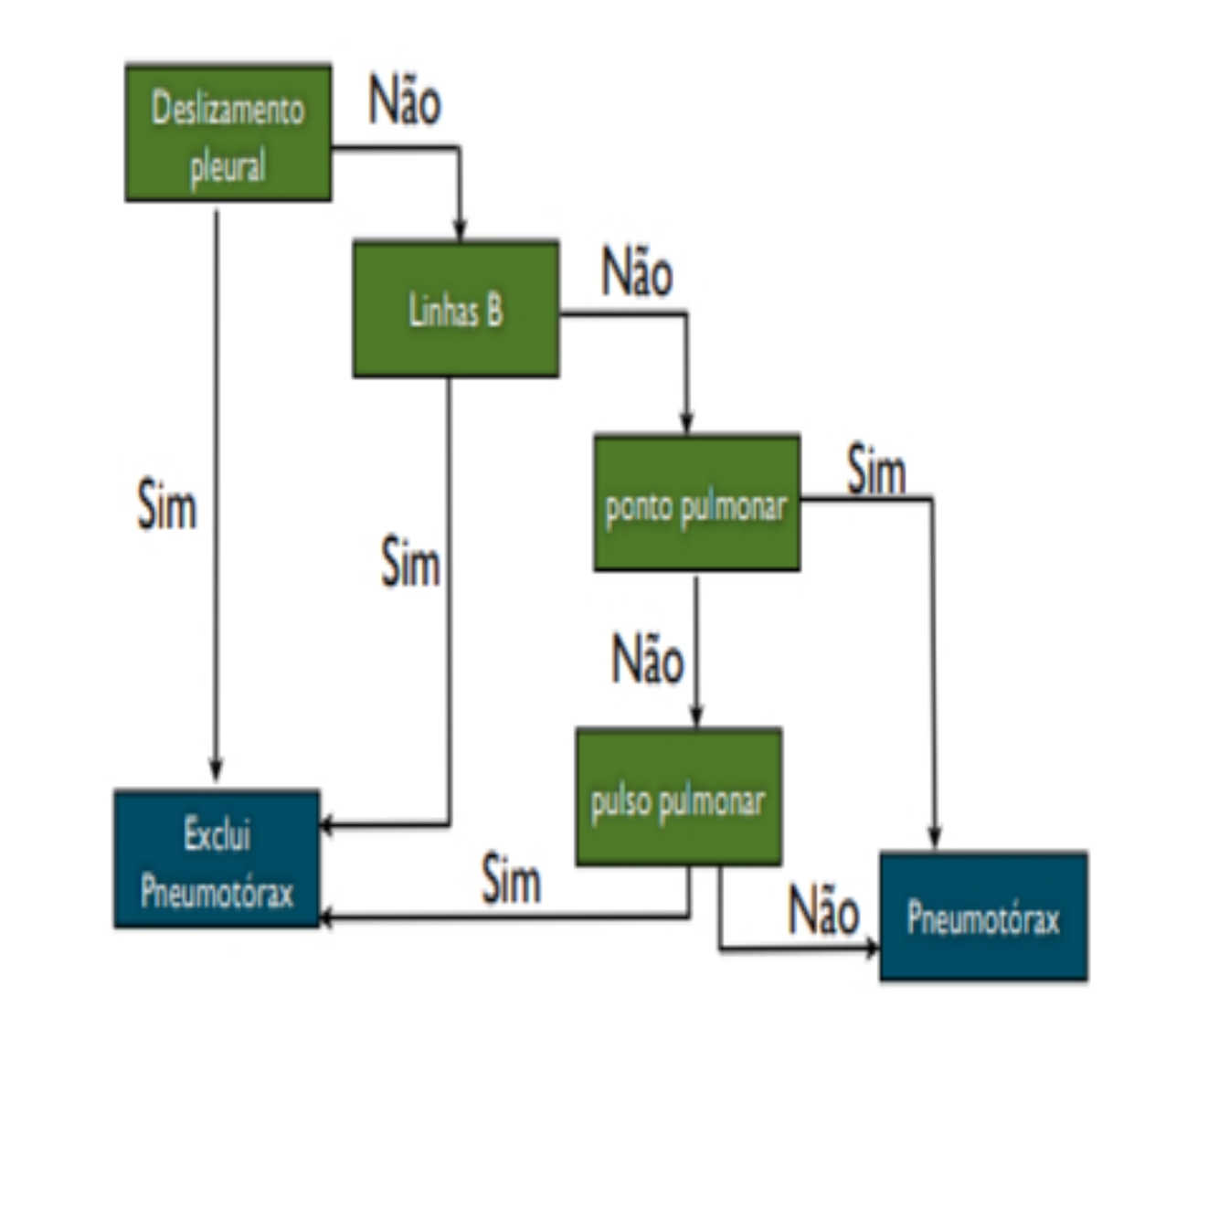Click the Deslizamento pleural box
[228, 133]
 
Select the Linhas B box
[455, 310]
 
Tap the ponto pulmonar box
[696, 503]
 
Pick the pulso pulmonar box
[678, 797]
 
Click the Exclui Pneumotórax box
[217, 859]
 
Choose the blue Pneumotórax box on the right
[983, 917]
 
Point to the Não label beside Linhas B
[637, 272]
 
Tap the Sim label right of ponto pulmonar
[876, 471]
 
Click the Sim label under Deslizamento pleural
[166, 504]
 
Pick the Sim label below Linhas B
[410, 562]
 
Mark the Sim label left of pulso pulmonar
[511, 879]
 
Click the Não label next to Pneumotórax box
[823, 911]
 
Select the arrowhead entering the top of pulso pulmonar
[696, 716]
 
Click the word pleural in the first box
[228, 167]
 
